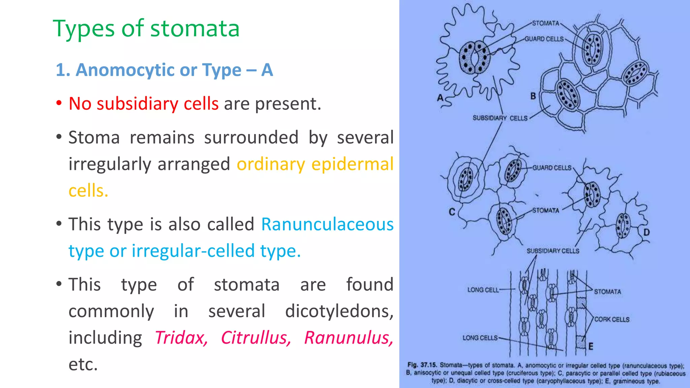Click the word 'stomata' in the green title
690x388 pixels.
195,29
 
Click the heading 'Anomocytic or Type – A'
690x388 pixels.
164,70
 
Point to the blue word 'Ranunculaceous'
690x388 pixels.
327,224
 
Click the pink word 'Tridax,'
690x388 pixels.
181,337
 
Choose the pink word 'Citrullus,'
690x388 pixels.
256,337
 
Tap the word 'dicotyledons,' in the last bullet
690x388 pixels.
339,311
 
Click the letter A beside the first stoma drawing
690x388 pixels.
440,98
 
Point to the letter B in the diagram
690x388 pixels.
533,96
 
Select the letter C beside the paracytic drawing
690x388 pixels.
452,212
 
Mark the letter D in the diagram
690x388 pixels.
646,232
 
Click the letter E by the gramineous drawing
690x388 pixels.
591,346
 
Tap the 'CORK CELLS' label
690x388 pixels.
611,319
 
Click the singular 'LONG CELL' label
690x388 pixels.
483,290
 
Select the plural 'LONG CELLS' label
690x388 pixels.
480,337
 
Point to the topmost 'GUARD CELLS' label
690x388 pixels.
544,39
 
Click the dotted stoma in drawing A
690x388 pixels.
474,57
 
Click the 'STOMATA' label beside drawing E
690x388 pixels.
607,292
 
